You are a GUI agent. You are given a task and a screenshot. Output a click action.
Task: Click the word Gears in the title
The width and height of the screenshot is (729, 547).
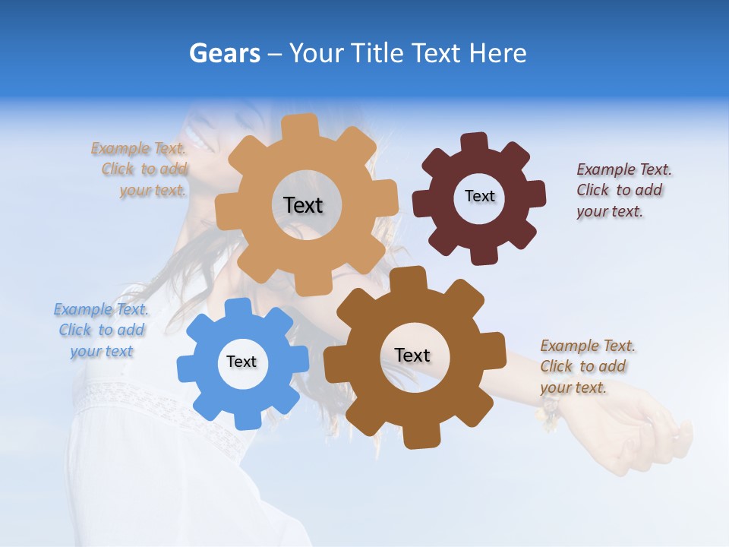225,53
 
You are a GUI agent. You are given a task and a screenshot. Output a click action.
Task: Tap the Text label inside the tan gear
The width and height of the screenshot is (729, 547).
303,205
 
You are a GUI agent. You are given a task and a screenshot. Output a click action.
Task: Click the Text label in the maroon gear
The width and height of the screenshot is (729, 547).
479,196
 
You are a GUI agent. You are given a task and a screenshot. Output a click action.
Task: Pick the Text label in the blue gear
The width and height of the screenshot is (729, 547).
241,362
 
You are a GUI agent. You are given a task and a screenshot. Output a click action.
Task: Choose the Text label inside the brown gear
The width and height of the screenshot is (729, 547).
412,356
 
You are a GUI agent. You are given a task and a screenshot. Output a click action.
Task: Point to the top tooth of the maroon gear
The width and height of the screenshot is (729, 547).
475,143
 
